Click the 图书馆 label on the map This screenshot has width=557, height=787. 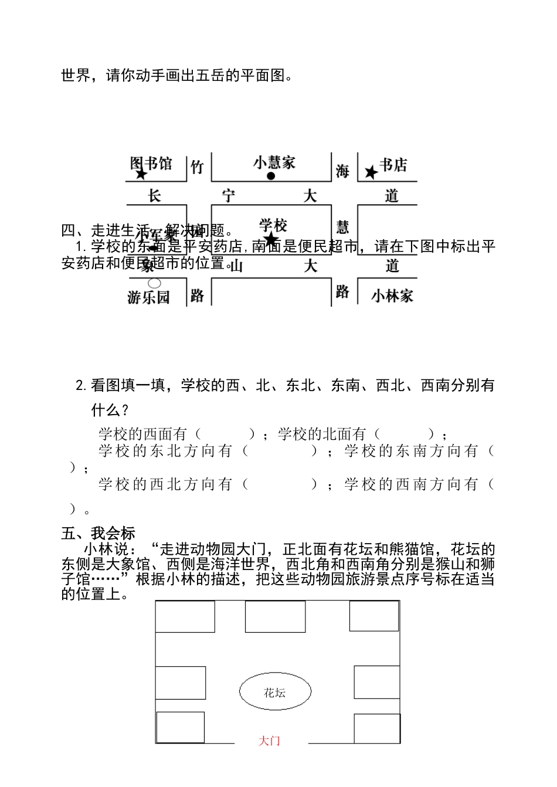point(151,162)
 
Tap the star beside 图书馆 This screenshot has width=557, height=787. point(141,175)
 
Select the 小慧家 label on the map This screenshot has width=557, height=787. point(274,162)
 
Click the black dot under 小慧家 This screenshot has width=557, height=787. point(271,176)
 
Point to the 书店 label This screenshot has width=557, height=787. point(393,165)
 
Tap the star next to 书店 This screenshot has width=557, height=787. point(371,172)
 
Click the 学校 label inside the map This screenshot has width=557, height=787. point(273,224)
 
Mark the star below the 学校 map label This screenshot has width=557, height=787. point(271,239)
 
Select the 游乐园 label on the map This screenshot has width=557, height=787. point(149,297)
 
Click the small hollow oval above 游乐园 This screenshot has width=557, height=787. point(154,284)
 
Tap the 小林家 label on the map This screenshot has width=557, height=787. point(392,296)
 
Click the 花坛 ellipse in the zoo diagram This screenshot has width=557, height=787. point(274,693)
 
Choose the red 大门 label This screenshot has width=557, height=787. point(269,741)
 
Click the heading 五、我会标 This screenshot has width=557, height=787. point(99,533)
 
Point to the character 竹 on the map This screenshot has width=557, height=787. point(198,167)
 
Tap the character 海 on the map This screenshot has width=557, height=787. point(342,171)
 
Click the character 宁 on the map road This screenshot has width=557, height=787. point(229,195)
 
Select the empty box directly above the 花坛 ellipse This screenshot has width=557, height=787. point(275,617)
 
